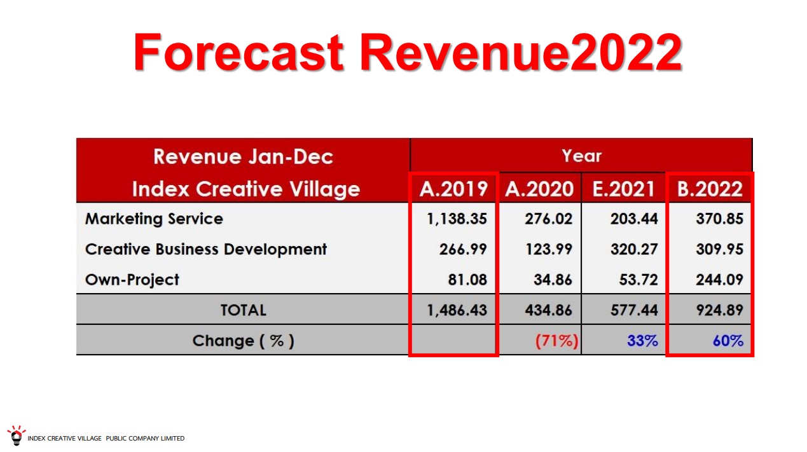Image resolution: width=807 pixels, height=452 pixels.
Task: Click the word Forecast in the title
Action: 238,52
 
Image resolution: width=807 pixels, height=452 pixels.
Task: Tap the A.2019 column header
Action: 453,189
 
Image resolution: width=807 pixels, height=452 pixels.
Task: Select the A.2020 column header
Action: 539,189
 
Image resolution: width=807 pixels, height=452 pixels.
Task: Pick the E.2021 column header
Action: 623,189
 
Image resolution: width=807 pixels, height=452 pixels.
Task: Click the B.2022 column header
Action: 709,189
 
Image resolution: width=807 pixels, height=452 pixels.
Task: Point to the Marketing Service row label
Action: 154,219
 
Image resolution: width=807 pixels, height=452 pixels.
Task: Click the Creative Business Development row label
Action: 205,249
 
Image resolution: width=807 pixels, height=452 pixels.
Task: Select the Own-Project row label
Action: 132,280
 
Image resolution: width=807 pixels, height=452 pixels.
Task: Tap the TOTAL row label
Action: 243,310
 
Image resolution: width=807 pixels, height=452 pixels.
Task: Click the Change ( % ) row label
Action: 243,341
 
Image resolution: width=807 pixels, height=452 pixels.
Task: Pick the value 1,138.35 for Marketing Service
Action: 457,219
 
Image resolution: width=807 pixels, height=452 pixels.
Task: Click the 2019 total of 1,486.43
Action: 457,310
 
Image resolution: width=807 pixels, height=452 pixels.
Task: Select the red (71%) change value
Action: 556,341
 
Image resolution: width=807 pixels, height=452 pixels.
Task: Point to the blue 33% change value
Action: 642,341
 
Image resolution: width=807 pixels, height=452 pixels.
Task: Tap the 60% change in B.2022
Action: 728,341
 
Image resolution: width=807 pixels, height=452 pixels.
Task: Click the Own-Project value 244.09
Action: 719,280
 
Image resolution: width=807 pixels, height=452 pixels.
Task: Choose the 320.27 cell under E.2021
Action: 634,249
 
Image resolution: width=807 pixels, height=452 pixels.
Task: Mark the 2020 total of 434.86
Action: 548,310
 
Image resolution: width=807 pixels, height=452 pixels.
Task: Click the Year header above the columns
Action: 581,156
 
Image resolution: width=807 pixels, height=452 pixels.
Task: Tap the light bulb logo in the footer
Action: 16,435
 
